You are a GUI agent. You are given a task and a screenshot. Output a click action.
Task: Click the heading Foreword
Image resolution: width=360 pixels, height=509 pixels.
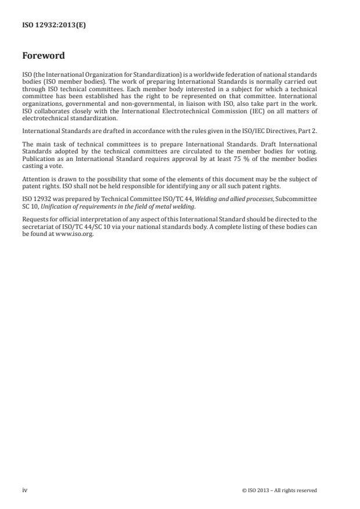pos(43,56)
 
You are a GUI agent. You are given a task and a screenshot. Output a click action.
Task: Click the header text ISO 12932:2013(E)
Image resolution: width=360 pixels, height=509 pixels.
pos(54,26)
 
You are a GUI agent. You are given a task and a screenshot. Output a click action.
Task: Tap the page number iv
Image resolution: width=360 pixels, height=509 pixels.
pos(25,490)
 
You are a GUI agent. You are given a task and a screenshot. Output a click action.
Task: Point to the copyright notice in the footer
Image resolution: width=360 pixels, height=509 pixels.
pos(279,490)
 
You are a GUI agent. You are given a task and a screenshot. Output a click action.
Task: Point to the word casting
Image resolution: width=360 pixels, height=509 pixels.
pos(33,163)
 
